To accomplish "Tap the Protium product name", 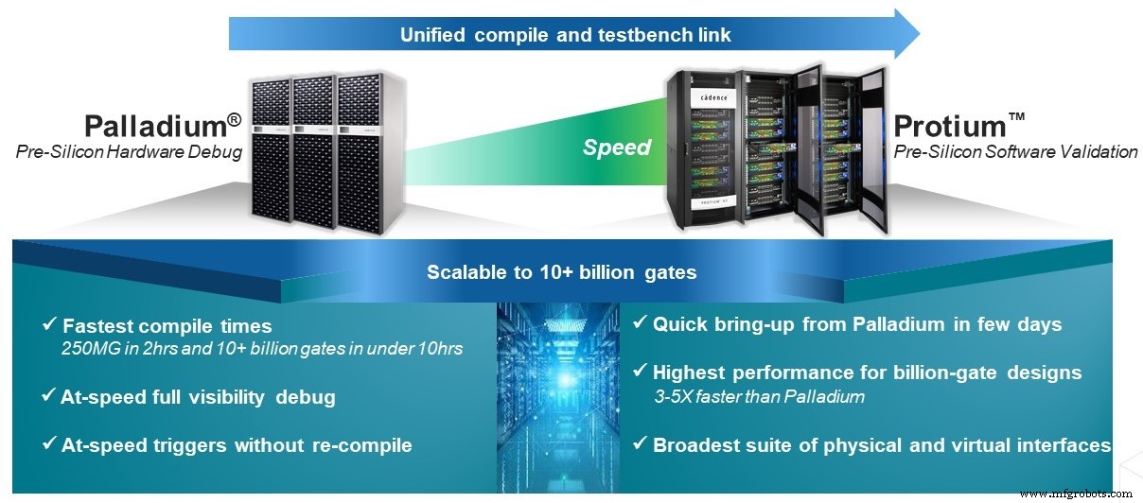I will (957, 126).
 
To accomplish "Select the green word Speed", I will (616, 147).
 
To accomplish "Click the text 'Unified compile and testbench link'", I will (566, 36).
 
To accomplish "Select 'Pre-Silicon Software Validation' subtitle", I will (1015, 151).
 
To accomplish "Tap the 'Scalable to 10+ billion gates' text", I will (561, 272).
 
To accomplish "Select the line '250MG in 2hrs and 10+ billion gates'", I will (261, 349).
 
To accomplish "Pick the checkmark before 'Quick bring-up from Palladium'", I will (641, 324).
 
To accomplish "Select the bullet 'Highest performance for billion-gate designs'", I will (867, 373).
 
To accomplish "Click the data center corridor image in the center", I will (564, 397).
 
